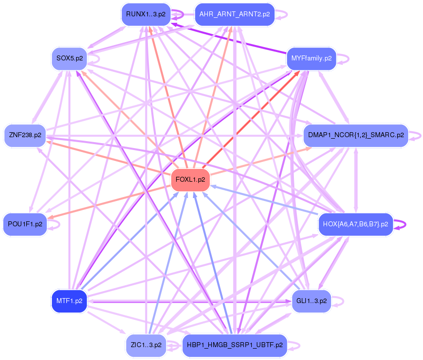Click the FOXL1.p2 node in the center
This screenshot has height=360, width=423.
(190, 180)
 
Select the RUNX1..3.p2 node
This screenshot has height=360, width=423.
(142, 14)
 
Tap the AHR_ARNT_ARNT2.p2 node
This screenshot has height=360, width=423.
(235, 14)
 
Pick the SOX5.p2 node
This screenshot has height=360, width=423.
(69, 58)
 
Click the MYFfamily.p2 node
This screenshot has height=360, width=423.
(311, 58)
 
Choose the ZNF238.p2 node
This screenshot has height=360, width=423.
(25, 135)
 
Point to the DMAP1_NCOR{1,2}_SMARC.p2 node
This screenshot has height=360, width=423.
(356, 135)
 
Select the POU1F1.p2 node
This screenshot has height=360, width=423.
(25, 224)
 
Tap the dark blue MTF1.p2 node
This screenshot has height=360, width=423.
(69, 301)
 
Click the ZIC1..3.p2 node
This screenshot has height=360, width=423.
(146, 345)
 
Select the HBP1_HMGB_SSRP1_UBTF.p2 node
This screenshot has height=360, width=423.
(235, 345)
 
